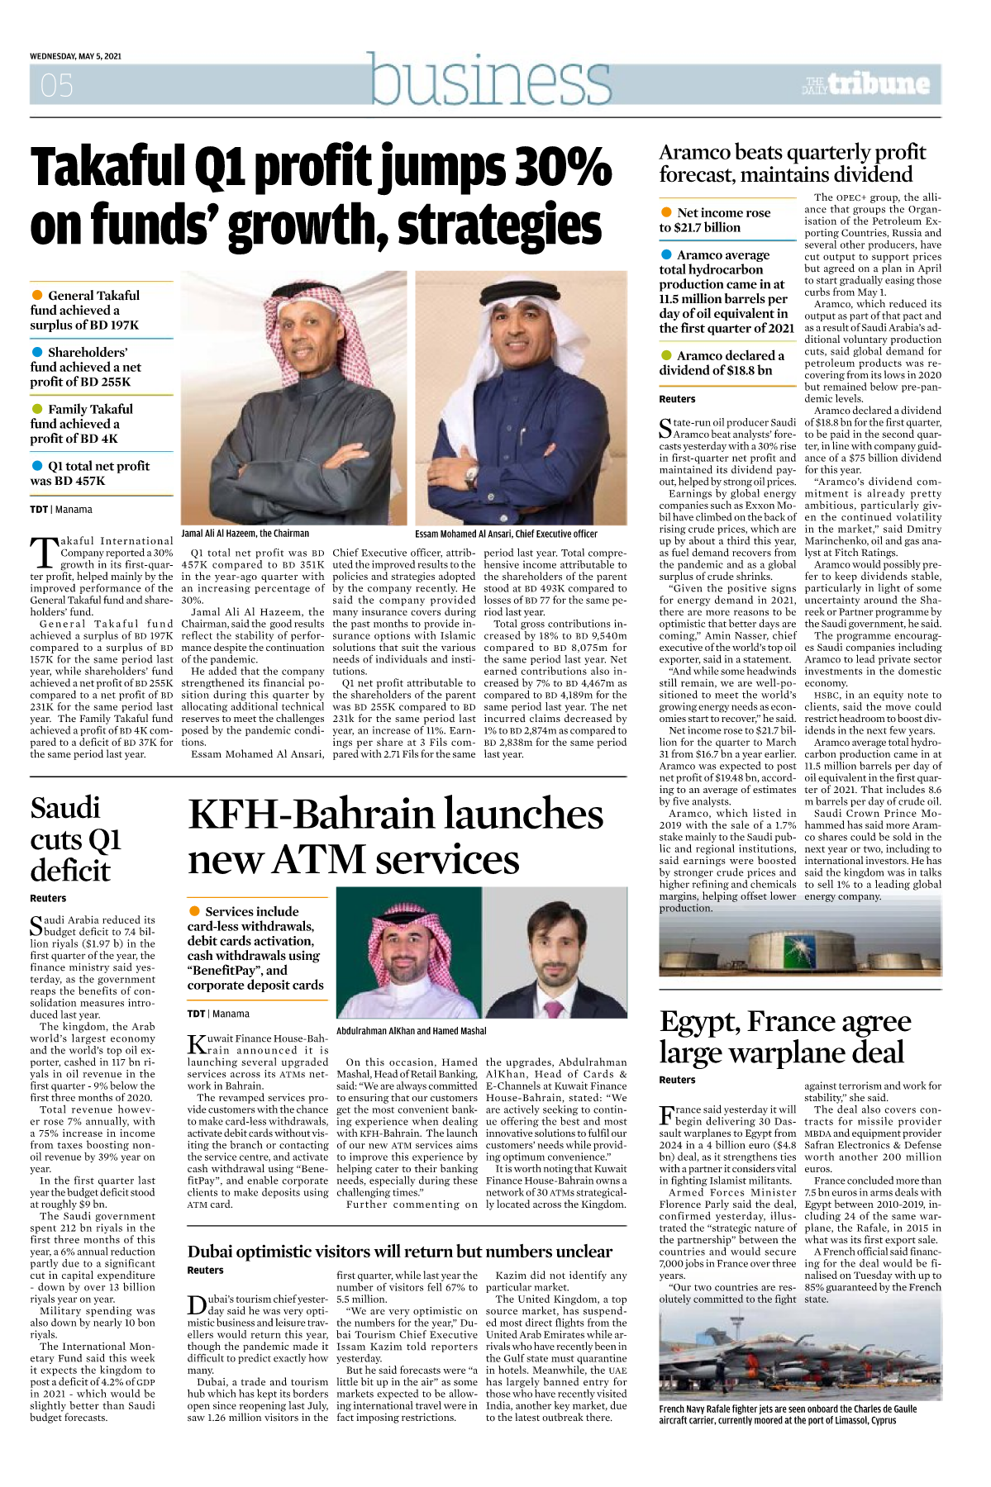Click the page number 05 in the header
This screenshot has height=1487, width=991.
[57, 85]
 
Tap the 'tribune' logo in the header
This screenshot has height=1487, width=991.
[879, 83]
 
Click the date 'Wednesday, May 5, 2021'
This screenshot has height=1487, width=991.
[75, 56]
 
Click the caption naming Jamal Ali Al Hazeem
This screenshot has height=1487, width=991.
[245, 534]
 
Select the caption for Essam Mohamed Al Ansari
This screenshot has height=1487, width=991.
[506, 534]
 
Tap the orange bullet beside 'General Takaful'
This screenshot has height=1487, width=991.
[37, 295]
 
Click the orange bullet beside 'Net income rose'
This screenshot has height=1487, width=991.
[666, 212]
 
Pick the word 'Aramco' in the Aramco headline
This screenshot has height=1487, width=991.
[695, 153]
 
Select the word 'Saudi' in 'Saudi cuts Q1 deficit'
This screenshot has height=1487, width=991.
[65, 808]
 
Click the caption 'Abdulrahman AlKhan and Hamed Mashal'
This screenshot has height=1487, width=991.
[411, 1031]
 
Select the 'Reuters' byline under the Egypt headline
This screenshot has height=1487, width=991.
[677, 1080]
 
